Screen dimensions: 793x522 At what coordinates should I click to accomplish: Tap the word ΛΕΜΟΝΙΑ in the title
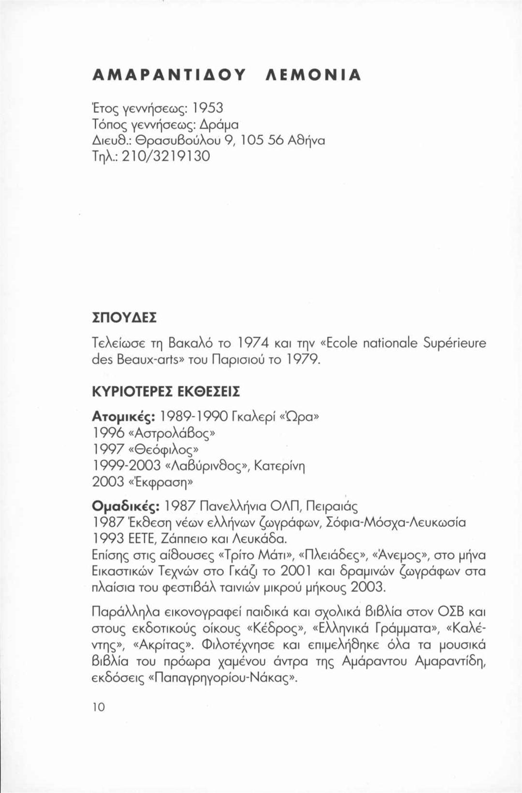coord(314,75)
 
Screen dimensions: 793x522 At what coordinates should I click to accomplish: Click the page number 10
coord(98,707)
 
